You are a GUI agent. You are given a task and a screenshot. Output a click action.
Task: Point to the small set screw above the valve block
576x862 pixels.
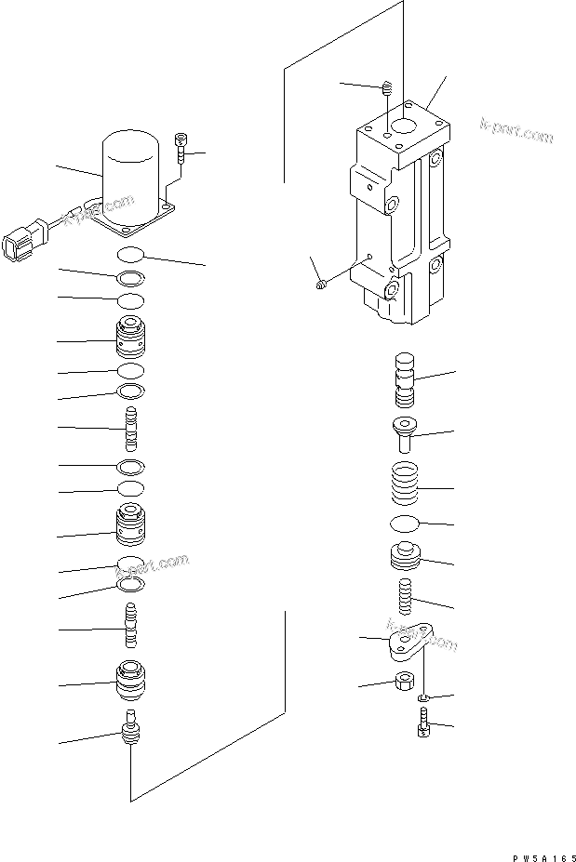tap(387, 91)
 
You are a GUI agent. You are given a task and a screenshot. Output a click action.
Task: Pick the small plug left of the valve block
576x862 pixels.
tap(320, 285)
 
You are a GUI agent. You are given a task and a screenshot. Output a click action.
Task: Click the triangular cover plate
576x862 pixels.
tap(409, 643)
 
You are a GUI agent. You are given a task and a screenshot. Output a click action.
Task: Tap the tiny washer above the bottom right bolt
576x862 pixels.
tap(423, 697)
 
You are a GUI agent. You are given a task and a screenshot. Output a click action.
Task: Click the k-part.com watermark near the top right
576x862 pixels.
tap(516, 131)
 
